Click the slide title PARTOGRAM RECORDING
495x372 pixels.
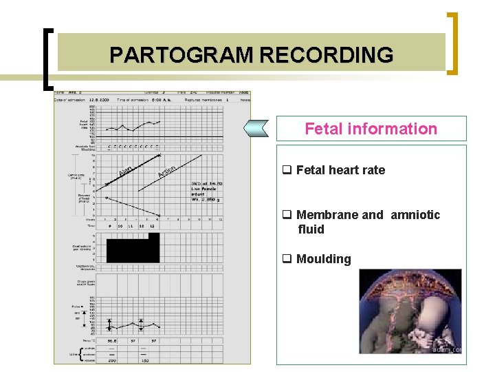pyautogui.click(x=251, y=54)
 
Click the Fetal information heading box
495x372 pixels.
pyautogui.click(x=371, y=129)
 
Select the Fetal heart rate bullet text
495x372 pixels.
pyautogui.click(x=340, y=170)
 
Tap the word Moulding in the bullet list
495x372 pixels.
pyautogui.click(x=323, y=259)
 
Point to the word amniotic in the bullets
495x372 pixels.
pyautogui.click(x=415, y=215)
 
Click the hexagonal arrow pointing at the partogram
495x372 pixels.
pyautogui.click(x=257, y=128)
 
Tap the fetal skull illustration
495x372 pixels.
pyautogui.click(x=410, y=311)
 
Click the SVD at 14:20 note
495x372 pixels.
pyautogui.click(x=206, y=183)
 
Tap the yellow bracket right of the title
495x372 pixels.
pyautogui.click(x=453, y=43)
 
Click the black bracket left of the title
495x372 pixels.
pyautogui.click(x=47, y=59)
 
